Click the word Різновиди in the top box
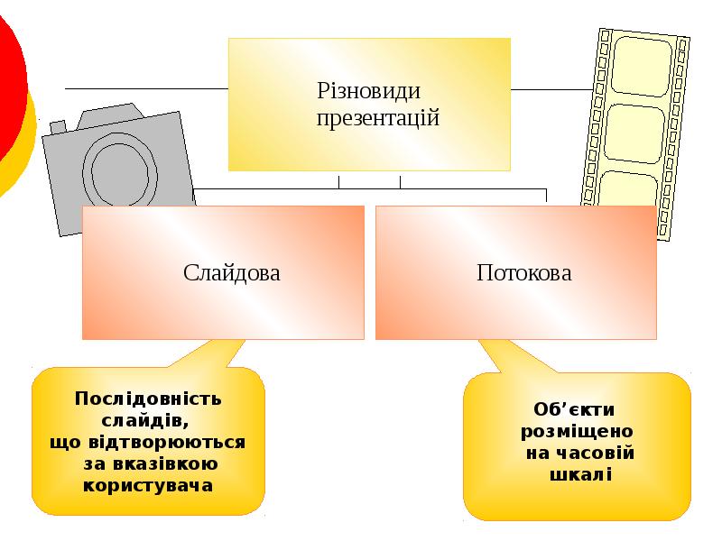[x=368, y=92]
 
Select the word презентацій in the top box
[x=378, y=117]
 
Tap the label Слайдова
[x=232, y=272]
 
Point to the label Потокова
[x=524, y=272]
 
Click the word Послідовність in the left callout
[x=148, y=399]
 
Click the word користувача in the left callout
[x=148, y=485]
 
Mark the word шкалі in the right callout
[x=580, y=474]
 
